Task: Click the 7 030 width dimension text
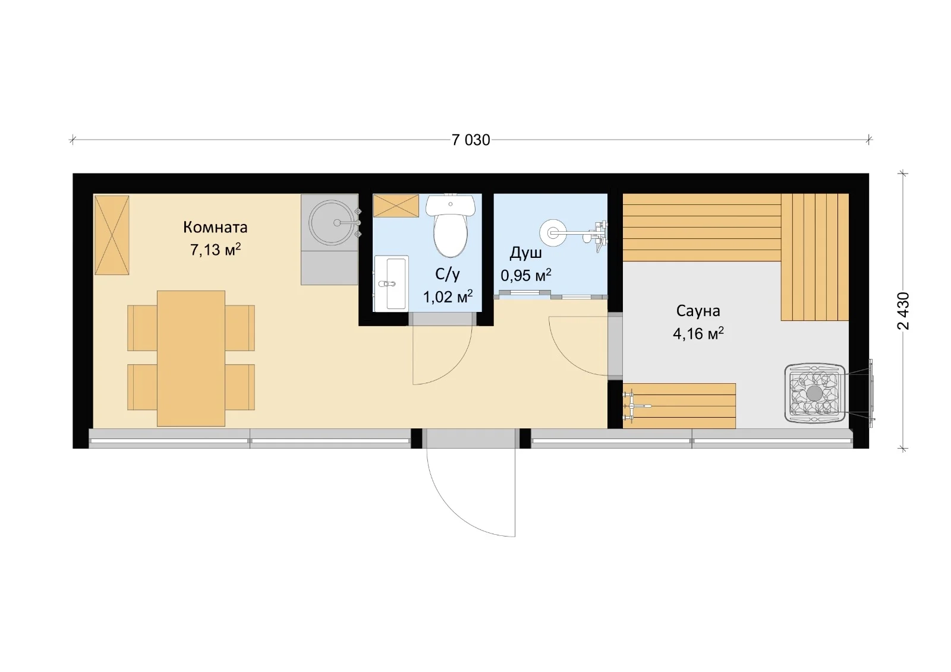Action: pyautogui.click(x=470, y=140)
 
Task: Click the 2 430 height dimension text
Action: pyautogui.click(x=903, y=311)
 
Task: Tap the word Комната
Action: pyautogui.click(x=215, y=227)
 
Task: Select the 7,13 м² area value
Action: pyautogui.click(x=215, y=250)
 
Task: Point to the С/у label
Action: pyautogui.click(x=448, y=275)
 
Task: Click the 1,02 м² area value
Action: pyautogui.click(x=448, y=296)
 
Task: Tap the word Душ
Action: pyautogui.click(x=525, y=254)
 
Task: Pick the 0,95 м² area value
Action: pyautogui.click(x=526, y=275)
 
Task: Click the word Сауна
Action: pyautogui.click(x=698, y=311)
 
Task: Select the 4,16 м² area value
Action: pyautogui.click(x=698, y=333)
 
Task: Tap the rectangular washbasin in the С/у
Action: pyautogui.click(x=391, y=283)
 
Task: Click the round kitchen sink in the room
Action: pyautogui.click(x=332, y=222)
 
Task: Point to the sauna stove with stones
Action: pyautogui.click(x=814, y=393)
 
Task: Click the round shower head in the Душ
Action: pyautogui.click(x=552, y=232)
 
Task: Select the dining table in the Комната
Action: pyautogui.click(x=191, y=358)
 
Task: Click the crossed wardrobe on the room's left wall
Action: pyautogui.click(x=112, y=235)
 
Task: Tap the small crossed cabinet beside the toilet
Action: pyautogui.click(x=396, y=206)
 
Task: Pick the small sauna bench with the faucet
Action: pyautogui.click(x=679, y=406)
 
